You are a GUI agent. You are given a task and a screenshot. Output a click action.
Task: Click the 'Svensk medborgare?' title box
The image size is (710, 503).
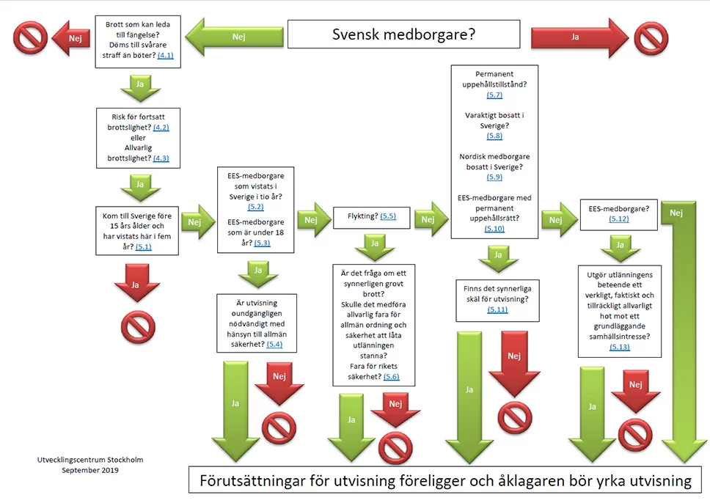403,34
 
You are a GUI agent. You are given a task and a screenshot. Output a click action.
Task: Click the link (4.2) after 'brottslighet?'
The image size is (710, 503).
161,127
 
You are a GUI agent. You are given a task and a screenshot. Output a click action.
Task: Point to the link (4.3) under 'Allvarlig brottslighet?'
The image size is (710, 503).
161,158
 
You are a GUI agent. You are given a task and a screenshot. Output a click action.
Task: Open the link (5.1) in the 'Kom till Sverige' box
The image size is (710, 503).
143,247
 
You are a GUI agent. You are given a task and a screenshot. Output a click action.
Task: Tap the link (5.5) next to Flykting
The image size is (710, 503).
388,216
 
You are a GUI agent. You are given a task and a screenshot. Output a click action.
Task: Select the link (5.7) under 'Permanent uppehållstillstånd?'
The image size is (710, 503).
494,95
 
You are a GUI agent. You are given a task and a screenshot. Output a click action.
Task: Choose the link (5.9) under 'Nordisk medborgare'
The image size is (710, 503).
494,177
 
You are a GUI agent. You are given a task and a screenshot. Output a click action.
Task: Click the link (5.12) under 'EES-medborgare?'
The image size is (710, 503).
619,219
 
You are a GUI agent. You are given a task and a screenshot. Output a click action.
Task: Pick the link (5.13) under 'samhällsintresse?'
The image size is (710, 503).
619,347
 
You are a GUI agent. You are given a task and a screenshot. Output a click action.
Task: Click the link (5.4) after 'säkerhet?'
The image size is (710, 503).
274,344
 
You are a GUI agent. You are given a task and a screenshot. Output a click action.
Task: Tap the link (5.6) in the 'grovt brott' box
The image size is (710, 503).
391,377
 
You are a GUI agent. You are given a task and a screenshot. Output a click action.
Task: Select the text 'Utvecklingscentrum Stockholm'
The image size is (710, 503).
90,460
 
